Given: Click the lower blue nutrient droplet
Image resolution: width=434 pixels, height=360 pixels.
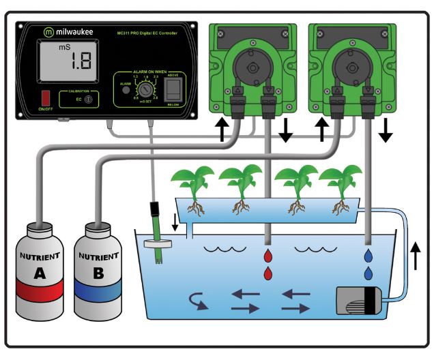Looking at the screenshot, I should [x=368, y=273].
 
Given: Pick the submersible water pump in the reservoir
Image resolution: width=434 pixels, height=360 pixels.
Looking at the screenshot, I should [x=360, y=301].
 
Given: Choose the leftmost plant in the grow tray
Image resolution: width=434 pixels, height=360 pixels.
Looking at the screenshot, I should [x=191, y=184].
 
